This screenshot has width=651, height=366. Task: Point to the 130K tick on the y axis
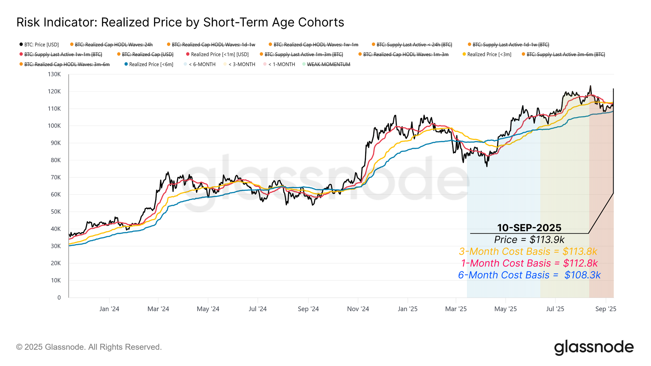[x=54, y=74]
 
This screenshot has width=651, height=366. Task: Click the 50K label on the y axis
[x=55, y=212]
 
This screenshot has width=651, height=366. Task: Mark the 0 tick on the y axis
[x=59, y=297]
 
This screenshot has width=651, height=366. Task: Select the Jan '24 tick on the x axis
[x=109, y=309]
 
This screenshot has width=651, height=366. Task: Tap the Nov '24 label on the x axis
[x=358, y=309]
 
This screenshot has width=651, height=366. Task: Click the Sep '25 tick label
[x=605, y=309]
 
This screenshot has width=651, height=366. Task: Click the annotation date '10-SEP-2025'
[x=529, y=227]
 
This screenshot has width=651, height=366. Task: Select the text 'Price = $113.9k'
[x=529, y=239]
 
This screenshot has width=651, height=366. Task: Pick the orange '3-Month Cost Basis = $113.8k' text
[x=528, y=251]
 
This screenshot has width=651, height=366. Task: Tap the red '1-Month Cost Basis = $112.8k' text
[x=529, y=263]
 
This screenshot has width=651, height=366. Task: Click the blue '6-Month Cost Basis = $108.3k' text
[x=529, y=275]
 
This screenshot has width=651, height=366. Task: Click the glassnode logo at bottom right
[x=594, y=347]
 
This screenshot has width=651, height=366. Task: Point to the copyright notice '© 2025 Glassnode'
[x=89, y=347]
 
